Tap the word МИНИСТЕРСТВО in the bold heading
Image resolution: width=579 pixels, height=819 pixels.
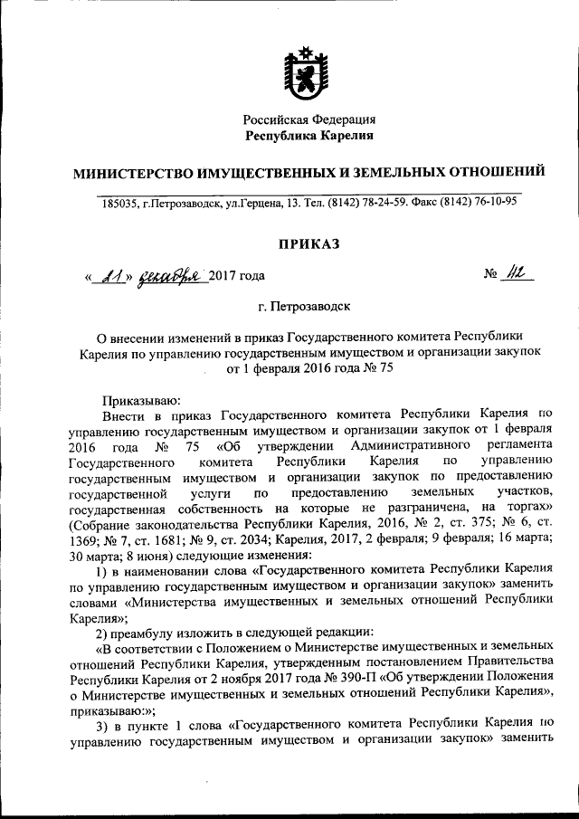point(137,170)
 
